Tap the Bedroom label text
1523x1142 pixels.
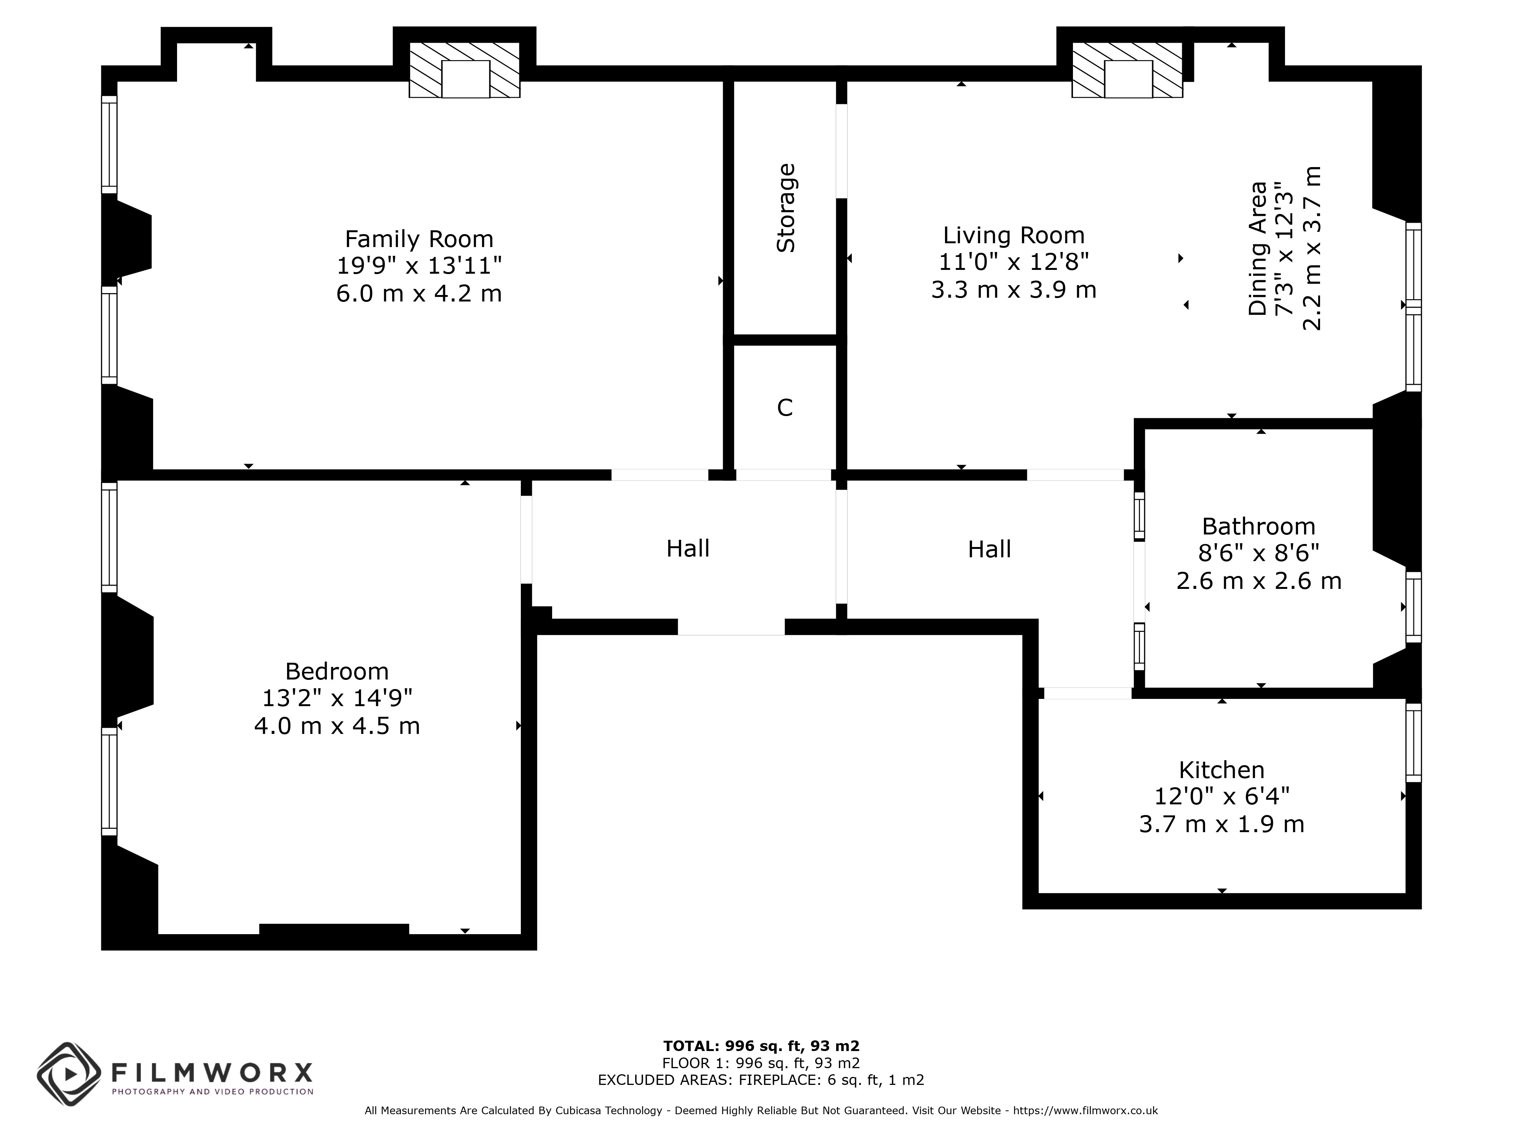pyautogui.click(x=337, y=671)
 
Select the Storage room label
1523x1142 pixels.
pyautogui.click(x=785, y=208)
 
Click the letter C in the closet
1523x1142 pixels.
pyautogui.click(x=785, y=408)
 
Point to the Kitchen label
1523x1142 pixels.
pyautogui.click(x=1221, y=770)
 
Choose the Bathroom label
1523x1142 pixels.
pyautogui.click(x=1259, y=526)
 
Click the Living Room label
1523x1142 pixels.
pyautogui.click(x=1014, y=235)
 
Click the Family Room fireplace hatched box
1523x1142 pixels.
pyautogui.click(x=465, y=70)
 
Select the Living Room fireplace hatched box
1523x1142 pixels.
pyautogui.click(x=1128, y=70)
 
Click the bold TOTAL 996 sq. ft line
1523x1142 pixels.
pyautogui.click(x=761, y=1047)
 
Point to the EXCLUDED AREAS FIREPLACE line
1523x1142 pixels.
pyautogui.click(x=761, y=1080)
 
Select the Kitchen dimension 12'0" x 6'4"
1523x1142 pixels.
pyautogui.click(x=1221, y=796)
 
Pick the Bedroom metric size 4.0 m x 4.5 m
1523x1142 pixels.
pyautogui.click(x=337, y=726)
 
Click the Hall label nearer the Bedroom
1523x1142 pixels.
pyautogui.click(x=688, y=549)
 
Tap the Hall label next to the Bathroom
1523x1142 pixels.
pyautogui.click(x=990, y=549)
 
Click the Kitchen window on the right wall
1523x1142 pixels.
pyautogui.click(x=1413, y=743)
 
